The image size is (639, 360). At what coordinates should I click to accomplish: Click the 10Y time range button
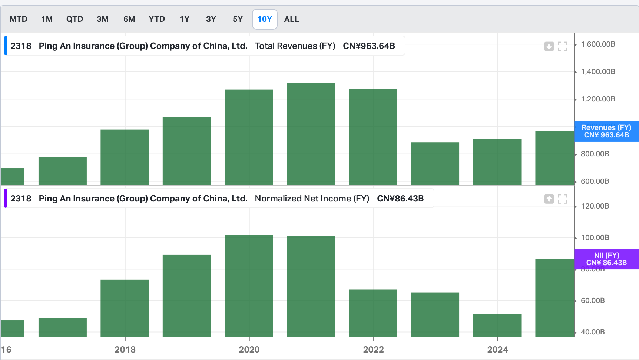pos(265,19)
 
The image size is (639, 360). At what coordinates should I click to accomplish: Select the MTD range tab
pos(19,19)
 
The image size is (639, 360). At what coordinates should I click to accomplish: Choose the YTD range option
pos(157,19)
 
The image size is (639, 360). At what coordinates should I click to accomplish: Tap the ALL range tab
pos(291,19)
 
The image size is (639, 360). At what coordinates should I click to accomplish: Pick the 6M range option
pos(129,19)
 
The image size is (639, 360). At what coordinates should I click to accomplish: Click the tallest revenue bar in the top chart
pos(311,133)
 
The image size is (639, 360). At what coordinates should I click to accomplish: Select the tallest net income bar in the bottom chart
pos(249,285)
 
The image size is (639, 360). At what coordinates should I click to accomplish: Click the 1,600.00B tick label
pos(598,44)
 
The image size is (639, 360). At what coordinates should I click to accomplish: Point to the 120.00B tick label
pos(595,206)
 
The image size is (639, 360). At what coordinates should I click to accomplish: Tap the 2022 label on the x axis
pos(373,350)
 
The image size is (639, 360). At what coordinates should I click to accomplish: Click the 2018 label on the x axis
pos(125,350)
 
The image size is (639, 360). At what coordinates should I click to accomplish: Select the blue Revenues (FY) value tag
pos(606,131)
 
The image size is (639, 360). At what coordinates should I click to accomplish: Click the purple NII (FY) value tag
pos(606,259)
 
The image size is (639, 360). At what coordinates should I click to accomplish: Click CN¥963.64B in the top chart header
pos(369,46)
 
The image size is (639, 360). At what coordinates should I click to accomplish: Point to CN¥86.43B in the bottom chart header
pos(400,199)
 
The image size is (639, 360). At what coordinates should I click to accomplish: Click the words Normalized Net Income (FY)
pos(312,199)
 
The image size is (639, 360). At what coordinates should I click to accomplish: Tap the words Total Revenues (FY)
pos(295,46)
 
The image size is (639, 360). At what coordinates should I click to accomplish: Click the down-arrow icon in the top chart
pos(549,46)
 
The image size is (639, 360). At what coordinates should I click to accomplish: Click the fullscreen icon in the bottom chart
pos(562,199)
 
